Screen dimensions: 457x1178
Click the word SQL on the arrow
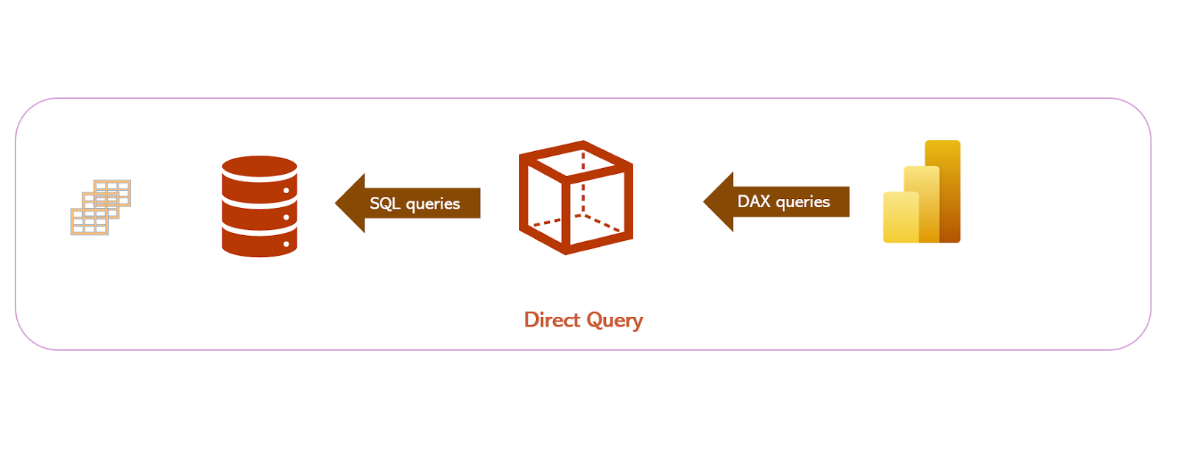[384, 203]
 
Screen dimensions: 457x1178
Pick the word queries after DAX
[803, 202]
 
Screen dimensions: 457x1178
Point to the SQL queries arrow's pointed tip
[337, 203]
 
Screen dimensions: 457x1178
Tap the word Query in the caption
[615, 321]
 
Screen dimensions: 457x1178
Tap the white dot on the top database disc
[286, 191]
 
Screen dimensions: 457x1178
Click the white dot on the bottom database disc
[286, 244]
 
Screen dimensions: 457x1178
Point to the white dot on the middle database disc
[286, 217]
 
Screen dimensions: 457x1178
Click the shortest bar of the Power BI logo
[900, 217]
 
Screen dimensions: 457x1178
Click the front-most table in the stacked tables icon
[89, 222]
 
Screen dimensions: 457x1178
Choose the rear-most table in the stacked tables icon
[118, 188]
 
